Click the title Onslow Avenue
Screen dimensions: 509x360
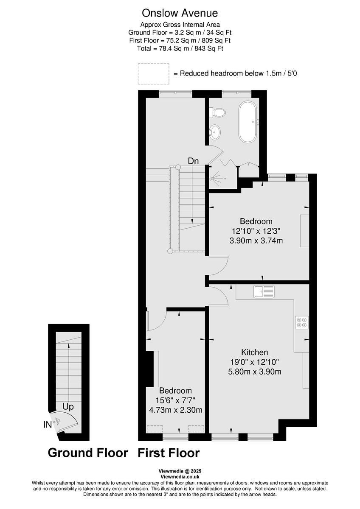point(180,13)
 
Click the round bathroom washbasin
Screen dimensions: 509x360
point(216,132)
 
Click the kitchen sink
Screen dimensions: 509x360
point(264,291)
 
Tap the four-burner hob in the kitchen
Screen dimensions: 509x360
point(302,322)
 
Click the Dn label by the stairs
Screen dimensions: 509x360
point(194,161)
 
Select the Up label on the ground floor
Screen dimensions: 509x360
point(68,407)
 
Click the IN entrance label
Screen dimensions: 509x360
point(48,424)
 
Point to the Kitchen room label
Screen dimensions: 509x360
point(255,352)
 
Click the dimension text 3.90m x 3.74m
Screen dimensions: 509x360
point(256,241)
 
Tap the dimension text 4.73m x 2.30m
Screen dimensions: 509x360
point(175,410)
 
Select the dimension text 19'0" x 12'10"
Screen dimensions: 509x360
point(255,362)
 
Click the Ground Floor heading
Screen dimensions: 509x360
point(88,453)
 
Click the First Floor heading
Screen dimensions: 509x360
point(169,453)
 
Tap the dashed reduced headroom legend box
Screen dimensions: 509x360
point(153,73)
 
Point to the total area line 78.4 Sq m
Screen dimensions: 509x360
point(180,48)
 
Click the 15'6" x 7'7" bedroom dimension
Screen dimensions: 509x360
point(175,400)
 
